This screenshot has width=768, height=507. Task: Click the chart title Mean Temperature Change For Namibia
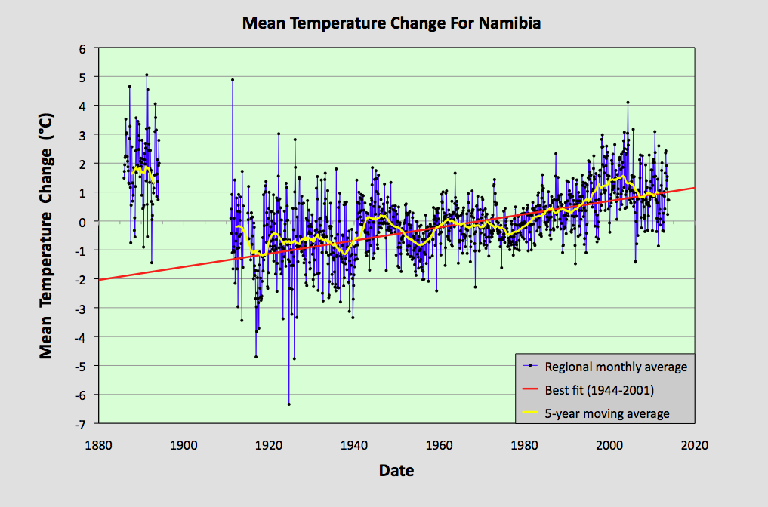(x=391, y=23)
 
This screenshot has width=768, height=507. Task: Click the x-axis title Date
(x=396, y=471)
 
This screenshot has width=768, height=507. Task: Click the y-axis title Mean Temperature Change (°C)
(x=47, y=237)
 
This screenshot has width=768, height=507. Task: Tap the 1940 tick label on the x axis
(x=353, y=444)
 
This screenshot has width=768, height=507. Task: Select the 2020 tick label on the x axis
(x=693, y=444)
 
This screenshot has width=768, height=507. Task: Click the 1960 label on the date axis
(x=439, y=444)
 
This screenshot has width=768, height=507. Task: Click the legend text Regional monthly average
(x=616, y=367)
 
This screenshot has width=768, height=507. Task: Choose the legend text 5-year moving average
(x=607, y=413)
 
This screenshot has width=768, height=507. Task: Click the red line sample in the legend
(x=531, y=390)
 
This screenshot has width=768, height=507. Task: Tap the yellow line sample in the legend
(x=531, y=413)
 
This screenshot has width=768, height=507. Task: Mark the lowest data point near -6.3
(x=288, y=404)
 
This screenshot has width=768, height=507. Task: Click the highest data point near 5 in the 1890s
(x=147, y=75)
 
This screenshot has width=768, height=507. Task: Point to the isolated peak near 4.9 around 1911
(x=233, y=79)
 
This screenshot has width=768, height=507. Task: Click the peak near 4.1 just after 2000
(x=628, y=103)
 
